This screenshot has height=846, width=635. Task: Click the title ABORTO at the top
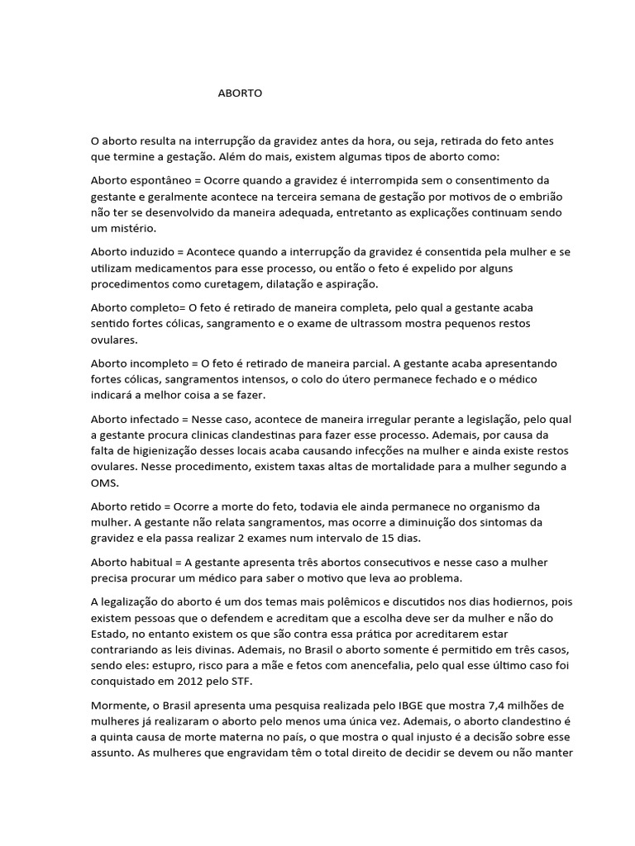[x=240, y=93]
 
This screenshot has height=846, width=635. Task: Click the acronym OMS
[x=105, y=484]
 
